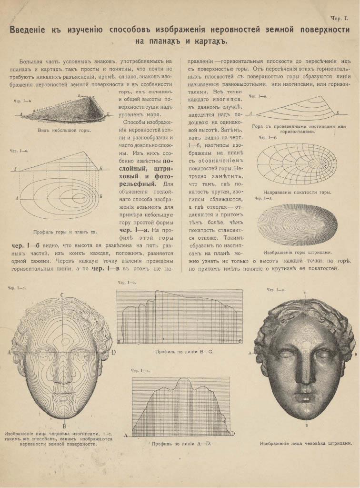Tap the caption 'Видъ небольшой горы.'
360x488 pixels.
(64, 130)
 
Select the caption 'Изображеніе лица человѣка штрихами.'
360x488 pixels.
(306, 443)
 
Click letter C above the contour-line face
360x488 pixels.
(62, 295)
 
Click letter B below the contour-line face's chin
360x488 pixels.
(63, 426)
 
